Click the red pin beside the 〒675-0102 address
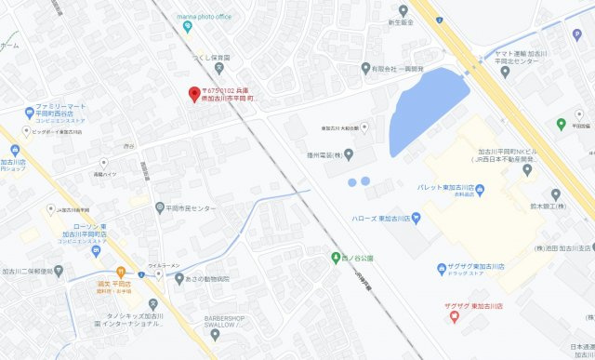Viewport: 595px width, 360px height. pyautogui.click(x=194, y=94)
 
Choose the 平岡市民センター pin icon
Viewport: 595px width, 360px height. pyautogui.click(x=160, y=207)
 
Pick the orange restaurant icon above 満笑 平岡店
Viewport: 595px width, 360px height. pyautogui.click(x=122, y=271)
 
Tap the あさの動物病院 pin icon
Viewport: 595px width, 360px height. pyautogui.click(x=179, y=279)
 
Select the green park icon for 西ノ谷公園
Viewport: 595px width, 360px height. pyautogui.click(x=336, y=257)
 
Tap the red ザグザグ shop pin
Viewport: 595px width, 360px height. pyautogui.click(x=454, y=315)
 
